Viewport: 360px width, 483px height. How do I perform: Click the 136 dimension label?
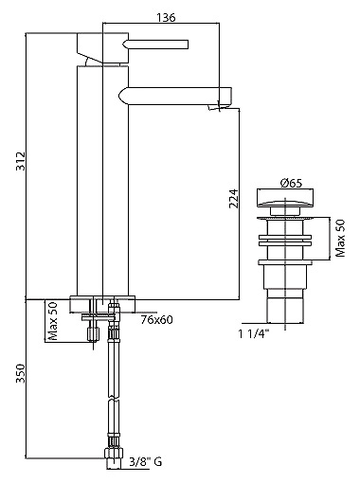click(x=166, y=17)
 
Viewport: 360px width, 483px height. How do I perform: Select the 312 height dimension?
click(x=21, y=161)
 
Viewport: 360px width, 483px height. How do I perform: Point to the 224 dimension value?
click(x=234, y=199)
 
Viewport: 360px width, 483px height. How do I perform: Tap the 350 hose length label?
click(x=21, y=373)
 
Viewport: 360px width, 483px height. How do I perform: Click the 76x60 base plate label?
click(x=157, y=320)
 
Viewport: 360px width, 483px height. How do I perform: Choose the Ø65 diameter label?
click(x=291, y=183)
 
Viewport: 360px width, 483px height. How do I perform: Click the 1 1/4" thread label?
click(x=254, y=333)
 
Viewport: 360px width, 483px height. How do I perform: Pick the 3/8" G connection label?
click(x=146, y=462)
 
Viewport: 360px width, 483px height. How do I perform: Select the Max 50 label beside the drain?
click(x=340, y=239)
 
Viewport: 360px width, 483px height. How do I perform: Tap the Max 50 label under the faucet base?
click(x=53, y=321)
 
